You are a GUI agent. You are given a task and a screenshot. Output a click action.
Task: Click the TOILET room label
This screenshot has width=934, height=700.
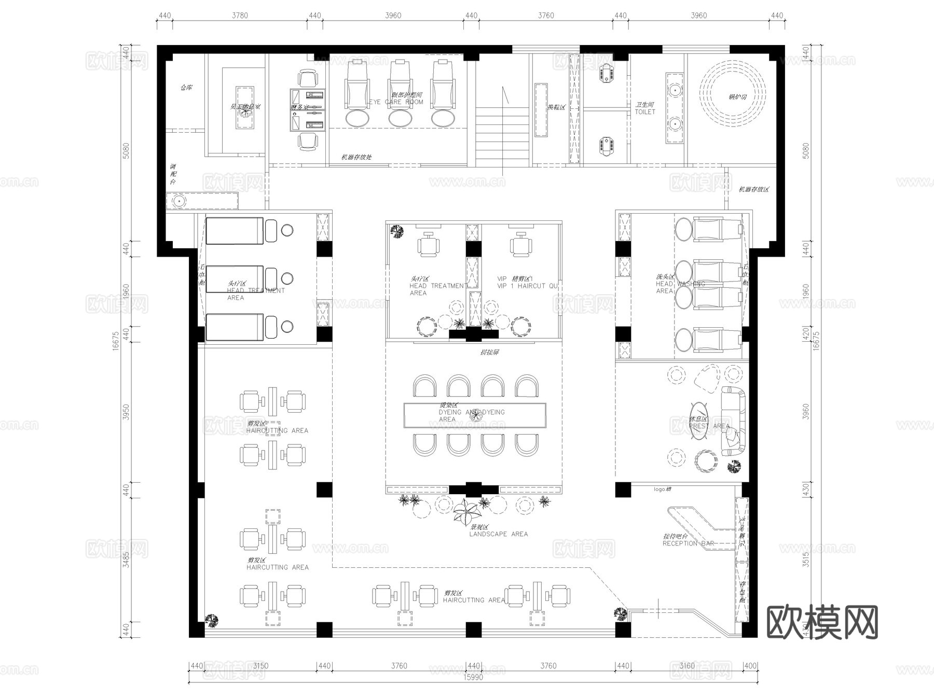coord(645,111)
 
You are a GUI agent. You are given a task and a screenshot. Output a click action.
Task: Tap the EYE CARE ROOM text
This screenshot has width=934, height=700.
coord(396,102)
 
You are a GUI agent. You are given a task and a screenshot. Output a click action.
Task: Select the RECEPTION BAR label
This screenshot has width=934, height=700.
coord(688,543)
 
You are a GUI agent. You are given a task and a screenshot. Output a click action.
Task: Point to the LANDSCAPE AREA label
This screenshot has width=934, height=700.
coord(498,534)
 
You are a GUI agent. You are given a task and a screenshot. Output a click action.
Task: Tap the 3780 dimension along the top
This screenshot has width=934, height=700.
coord(239,16)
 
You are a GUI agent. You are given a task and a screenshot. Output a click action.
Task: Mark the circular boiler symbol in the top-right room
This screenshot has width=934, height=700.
coord(732,96)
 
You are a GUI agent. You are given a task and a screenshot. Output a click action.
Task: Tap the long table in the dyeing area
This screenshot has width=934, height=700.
coord(475,415)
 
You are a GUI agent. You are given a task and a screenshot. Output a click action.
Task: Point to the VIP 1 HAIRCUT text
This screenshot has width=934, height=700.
coord(527,286)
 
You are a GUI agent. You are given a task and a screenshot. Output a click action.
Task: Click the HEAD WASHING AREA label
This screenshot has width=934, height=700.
coord(679,284)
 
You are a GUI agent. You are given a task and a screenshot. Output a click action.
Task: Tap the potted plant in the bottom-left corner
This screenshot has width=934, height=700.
coord(211,620)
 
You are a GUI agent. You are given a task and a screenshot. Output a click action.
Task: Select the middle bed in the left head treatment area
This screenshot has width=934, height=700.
coord(235,279)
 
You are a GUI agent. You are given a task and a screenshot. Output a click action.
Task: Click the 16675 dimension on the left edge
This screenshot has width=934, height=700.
coord(116,341)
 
